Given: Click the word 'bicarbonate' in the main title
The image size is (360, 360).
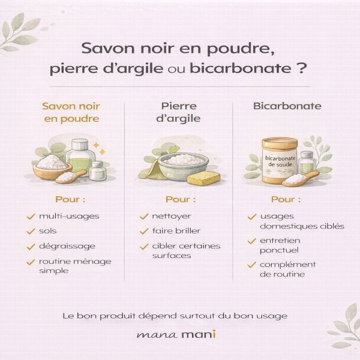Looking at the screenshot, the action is [x=241, y=68].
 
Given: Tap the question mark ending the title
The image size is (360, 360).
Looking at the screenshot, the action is [x=301, y=68].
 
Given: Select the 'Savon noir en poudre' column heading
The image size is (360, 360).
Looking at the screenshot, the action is [x=71, y=113].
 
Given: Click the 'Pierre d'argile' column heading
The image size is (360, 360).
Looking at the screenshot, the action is [x=178, y=113].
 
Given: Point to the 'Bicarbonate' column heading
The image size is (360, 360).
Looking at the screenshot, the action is [x=287, y=106].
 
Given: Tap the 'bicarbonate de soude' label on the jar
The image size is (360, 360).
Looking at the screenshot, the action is [x=280, y=161].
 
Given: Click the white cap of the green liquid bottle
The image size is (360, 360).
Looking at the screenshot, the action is [x=80, y=145].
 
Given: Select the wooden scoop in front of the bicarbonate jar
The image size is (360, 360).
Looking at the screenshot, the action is [x=301, y=178].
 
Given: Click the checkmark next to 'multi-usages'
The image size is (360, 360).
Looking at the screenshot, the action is [x=31, y=216].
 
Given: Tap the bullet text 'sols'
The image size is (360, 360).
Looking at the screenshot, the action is [x=48, y=231].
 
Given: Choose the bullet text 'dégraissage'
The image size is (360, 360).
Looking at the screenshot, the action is [x=67, y=246].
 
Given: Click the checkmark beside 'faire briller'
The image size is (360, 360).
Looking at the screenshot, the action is [x=144, y=231].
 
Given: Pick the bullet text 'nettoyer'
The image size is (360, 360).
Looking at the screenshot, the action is [x=172, y=216].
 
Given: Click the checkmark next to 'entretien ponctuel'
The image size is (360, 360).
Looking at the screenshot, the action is [x=251, y=241].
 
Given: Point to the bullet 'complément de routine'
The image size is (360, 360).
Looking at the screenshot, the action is [x=287, y=269].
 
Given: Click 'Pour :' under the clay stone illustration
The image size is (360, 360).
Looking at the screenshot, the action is [x=181, y=199].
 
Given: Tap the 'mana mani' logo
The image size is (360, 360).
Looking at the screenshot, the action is [x=176, y=334].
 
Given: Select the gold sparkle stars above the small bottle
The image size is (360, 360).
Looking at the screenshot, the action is [x=100, y=149].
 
